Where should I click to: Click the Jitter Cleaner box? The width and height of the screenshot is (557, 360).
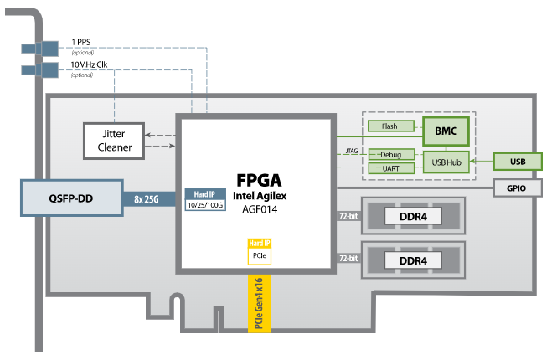click(113, 140)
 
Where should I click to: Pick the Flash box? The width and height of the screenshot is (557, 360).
click(391, 126)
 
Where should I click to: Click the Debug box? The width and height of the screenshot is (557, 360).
click(391, 155)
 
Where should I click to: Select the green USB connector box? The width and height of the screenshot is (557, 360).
click(518, 162)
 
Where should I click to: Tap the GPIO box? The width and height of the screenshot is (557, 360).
click(517, 188)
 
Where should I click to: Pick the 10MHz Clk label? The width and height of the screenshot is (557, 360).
click(89, 65)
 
